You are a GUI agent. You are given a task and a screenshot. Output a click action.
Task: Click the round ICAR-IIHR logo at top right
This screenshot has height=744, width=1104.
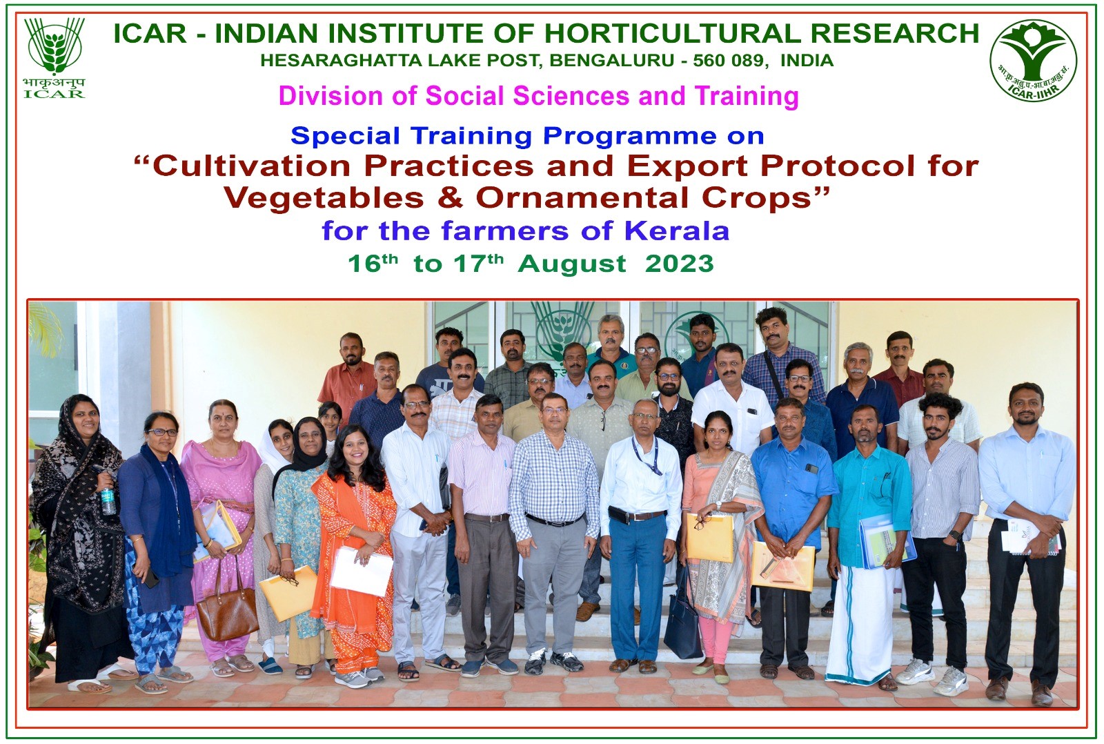click(x=1033, y=60)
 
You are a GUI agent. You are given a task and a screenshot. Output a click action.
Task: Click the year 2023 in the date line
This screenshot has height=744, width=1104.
click(x=679, y=264)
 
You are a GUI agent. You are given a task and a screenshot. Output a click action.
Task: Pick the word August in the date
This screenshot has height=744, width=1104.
click(x=572, y=264)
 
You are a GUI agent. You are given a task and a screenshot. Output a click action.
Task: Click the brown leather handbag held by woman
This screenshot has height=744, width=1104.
click(x=227, y=607)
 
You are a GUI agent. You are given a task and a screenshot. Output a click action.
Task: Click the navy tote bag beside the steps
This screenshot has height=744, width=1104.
click(x=682, y=628)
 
